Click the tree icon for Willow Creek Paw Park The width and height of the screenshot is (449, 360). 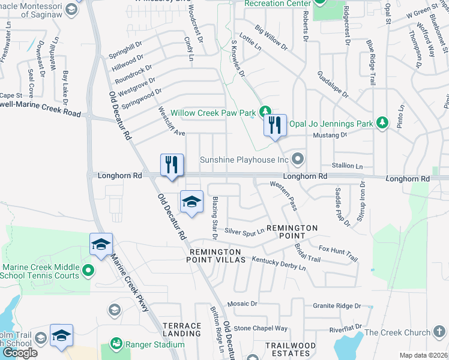click(265, 112)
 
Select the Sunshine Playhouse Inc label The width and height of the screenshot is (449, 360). click(244, 160)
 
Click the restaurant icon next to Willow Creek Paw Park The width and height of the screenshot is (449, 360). click(275, 125)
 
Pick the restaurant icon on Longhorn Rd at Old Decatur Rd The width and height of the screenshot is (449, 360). click(172, 165)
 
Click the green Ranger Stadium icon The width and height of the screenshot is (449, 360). click(115, 344)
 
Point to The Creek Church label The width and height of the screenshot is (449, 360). click(397, 332)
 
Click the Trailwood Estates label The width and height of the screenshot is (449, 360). click(291, 349)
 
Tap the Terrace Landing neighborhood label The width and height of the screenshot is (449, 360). click(182, 329)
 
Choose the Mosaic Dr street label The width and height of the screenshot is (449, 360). click(241, 304)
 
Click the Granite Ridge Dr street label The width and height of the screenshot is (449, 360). click(336, 306)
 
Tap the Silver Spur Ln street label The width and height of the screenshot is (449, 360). click(244, 231)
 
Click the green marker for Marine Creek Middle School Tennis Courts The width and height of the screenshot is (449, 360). click(89, 271)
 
